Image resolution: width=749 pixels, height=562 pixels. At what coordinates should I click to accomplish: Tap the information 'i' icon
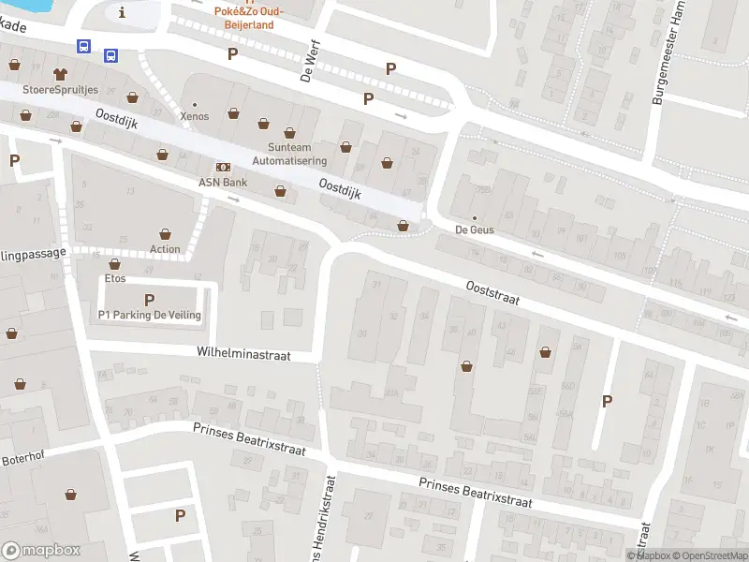(123, 12)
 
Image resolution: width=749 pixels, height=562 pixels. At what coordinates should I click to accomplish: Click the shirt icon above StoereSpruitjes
(61, 72)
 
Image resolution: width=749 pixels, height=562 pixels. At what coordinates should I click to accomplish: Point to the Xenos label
(195, 116)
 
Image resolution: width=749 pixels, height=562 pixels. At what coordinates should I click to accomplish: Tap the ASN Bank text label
(222, 182)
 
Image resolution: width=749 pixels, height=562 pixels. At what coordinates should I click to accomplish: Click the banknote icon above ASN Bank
(223, 166)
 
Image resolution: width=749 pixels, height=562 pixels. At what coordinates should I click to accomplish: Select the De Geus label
(474, 229)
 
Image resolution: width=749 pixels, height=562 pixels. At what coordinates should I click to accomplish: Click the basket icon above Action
(166, 233)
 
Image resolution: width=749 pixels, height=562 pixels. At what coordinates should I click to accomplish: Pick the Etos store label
(115, 279)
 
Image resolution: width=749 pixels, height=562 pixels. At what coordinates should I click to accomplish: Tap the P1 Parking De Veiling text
(150, 316)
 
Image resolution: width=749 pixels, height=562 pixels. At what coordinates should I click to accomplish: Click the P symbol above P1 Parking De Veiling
(149, 300)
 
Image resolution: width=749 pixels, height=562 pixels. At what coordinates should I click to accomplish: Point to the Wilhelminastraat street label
(243, 355)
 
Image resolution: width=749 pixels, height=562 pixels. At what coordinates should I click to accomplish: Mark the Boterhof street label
(22, 460)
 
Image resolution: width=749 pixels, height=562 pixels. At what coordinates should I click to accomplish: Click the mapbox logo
(41, 551)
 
